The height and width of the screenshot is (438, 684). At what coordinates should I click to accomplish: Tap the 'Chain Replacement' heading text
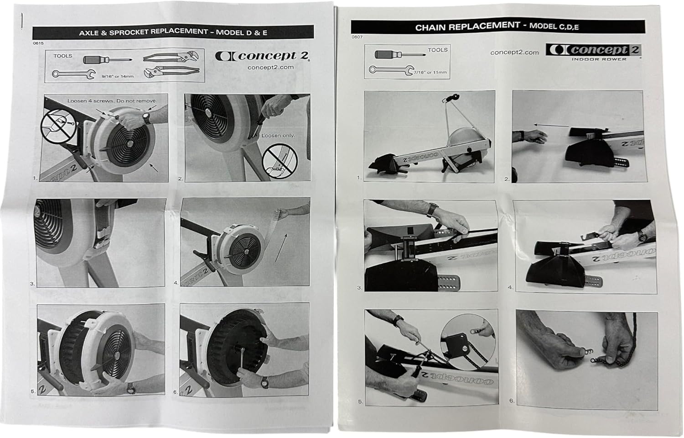tap(467, 26)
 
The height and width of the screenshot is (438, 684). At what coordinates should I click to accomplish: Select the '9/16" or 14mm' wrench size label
tap(118, 76)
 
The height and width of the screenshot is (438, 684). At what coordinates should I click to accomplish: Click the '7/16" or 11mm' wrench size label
tap(430, 73)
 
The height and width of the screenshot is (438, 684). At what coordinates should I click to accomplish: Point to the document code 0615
tap(38, 43)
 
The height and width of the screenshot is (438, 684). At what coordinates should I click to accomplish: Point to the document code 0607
tap(357, 37)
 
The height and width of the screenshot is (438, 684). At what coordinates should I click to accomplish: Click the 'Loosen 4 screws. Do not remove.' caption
tap(112, 100)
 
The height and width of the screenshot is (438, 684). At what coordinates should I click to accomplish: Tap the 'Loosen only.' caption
tap(278, 135)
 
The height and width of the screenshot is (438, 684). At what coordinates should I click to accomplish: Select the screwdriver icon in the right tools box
tap(400, 55)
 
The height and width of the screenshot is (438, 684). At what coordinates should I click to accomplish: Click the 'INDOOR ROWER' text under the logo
tap(599, 59)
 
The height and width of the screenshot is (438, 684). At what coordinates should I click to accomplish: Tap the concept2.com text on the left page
tap(270, 67)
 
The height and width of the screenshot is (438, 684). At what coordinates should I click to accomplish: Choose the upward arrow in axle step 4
tap(281, 248)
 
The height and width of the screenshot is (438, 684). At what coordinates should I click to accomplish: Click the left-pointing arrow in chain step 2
tap(551, 126)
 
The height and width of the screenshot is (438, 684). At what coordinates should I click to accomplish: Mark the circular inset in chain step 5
tap(468, 342)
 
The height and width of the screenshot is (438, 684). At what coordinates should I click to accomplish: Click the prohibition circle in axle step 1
tap(59, 126)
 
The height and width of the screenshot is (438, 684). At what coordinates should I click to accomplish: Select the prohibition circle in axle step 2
tap(280, 161)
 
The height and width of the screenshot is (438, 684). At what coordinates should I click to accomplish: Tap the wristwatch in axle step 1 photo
tap(146, 118)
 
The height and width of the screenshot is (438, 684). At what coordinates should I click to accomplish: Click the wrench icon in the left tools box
tap(74, 74)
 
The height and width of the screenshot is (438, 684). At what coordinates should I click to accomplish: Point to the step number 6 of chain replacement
tap(512, 401)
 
